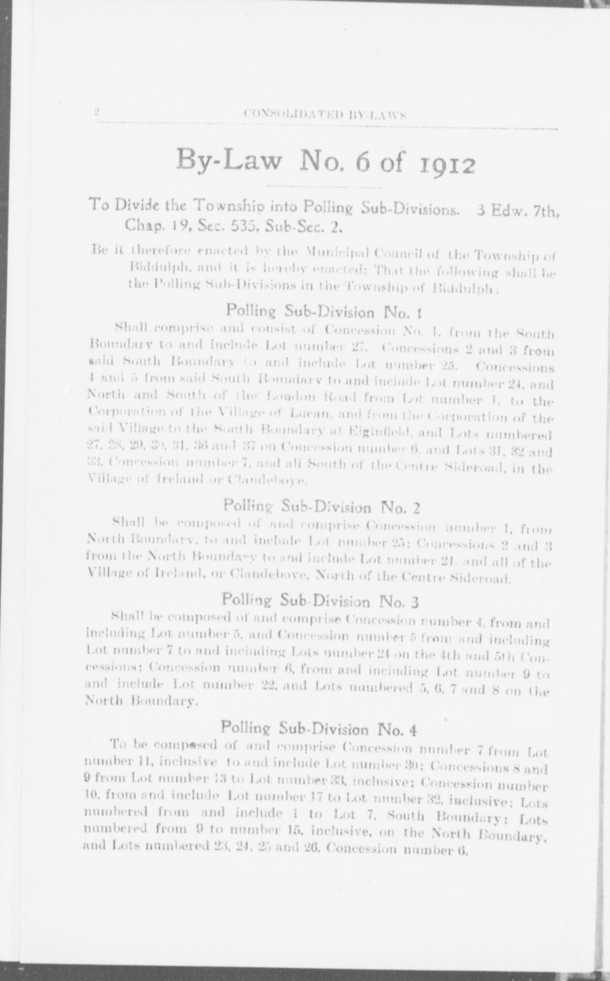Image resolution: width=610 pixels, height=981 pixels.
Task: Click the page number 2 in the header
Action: [x=96, y=112]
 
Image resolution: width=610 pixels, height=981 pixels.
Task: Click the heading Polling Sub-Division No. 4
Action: [x=319, y=729]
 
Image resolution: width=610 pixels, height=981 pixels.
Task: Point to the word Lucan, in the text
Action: [x=308, y=414]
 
